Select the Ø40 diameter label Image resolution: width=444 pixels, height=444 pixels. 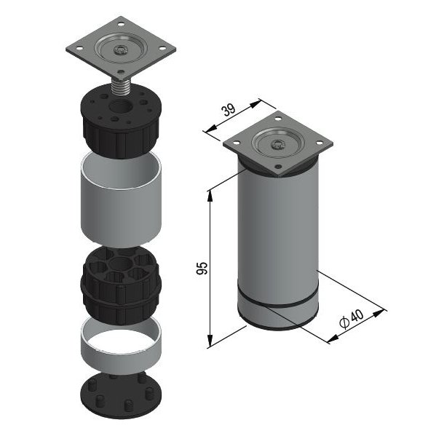tap(352, 318)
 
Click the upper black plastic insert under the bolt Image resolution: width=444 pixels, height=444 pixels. tap(119, 120)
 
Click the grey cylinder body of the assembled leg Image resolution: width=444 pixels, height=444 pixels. tap(277, 233)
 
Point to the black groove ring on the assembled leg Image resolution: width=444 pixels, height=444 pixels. tap(277, 303)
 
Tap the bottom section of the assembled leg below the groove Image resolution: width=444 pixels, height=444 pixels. tap(277, 317)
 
